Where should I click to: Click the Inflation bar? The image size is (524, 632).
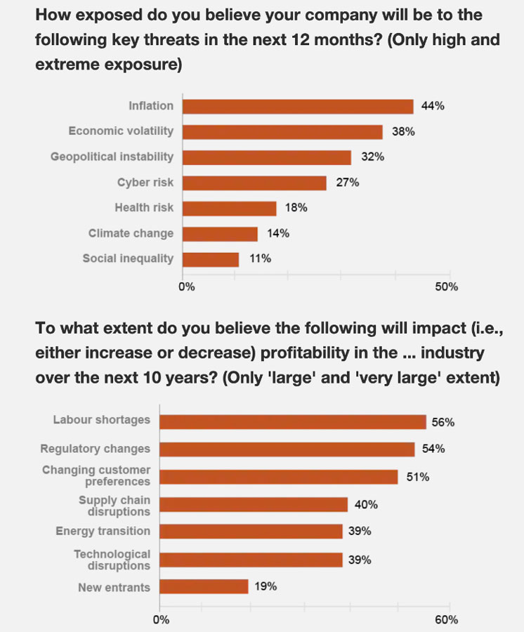pos(298,106)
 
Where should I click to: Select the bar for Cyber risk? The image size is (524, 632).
pos(254,183)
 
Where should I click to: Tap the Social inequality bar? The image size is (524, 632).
pos(211,258)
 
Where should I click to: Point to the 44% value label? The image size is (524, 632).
pos(433,106)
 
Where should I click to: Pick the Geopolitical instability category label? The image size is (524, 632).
pos(112,157)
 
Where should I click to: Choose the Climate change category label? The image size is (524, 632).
pos(131,233)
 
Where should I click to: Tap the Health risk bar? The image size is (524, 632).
pos(230,208)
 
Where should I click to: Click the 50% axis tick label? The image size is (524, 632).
pos(447,287)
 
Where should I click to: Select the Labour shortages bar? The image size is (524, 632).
pos(292,421)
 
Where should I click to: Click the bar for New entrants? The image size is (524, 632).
pos(204,586)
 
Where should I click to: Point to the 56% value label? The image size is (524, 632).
pos(443,422)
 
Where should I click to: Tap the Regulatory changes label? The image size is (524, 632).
pos(95,449)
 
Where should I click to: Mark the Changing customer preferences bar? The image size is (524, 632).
pos(278,476)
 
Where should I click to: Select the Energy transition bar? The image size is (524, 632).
pos(251,532)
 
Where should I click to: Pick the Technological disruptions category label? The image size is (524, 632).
pos(112,560)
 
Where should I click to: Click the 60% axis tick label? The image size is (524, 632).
pos(447,619)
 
